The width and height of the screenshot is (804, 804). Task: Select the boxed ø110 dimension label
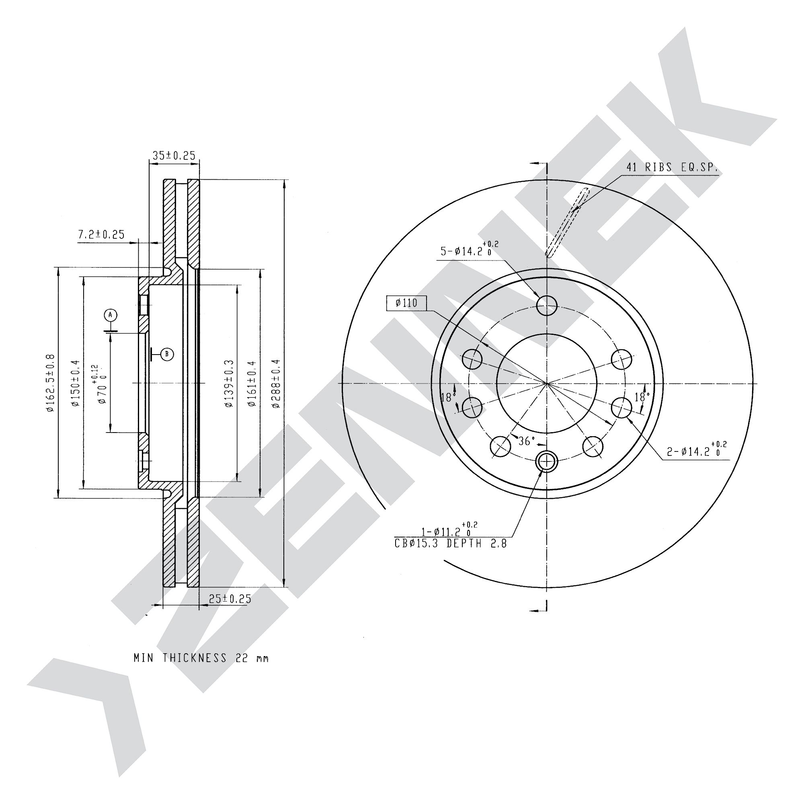coord(406,303)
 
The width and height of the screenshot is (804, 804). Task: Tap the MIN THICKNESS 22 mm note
coord(201,658)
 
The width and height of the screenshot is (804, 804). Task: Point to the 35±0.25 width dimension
coord(174,156)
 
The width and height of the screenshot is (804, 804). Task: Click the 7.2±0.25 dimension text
coord(102,234)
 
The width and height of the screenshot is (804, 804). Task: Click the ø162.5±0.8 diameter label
coord(51,383)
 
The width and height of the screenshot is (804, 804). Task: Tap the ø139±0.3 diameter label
coord(229,383)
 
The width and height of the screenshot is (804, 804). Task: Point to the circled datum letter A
coord(110,315)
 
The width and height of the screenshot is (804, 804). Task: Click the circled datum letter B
coord(167,354)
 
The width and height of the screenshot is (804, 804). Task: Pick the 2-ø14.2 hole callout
coord(697,449)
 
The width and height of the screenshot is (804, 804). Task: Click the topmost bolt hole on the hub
coord(546,305)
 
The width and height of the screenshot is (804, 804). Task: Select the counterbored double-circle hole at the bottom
coord(546,461)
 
